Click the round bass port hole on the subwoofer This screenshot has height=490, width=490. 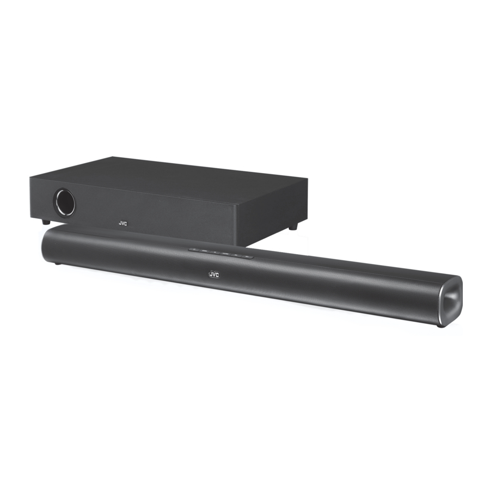[65, 202]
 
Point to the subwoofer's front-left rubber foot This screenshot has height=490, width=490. [46, 222]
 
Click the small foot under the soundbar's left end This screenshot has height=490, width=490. [57, 264]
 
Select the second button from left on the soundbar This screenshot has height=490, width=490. [204, 250]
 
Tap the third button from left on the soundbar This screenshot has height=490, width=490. [215, 251]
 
